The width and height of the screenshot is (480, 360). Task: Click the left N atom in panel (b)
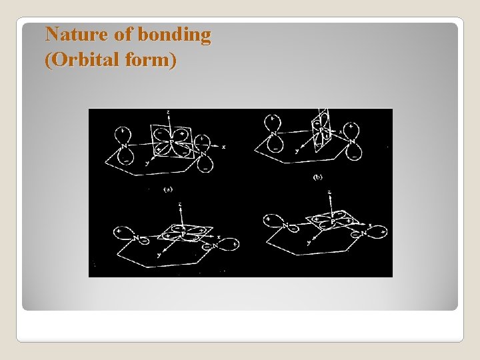click(x=273, y=134)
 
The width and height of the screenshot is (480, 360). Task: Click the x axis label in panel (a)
click(x=223, y=146)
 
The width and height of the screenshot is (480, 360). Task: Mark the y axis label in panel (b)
click(x=297, y=151)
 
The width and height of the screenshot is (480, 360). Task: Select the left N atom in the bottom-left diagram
click(x=136, y=237)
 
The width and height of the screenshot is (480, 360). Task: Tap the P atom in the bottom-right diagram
click(x=332, y=222)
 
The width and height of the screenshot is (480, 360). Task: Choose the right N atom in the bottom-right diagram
click(x=364, y=233)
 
